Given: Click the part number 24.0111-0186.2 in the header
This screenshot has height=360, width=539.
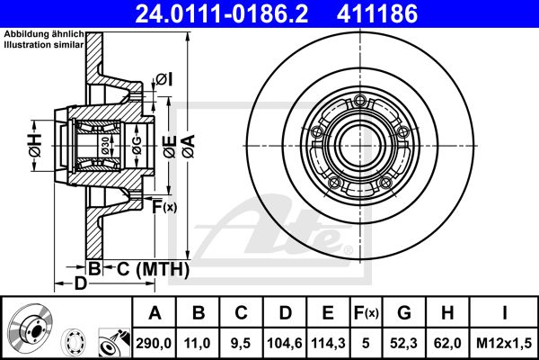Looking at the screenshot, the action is tap(222, 13).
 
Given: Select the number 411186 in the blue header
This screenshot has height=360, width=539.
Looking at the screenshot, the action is tap(377, 13).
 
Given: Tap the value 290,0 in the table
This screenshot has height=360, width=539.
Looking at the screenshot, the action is tap(154, 343).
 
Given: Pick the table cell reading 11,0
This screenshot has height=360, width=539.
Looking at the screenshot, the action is tap(197, 343).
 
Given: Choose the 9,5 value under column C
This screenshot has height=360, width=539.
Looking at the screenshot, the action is tap(241, 343).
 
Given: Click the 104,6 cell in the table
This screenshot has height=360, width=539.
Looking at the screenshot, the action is tap(285, 343).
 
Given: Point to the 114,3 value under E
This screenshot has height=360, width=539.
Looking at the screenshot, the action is tap(328, 343).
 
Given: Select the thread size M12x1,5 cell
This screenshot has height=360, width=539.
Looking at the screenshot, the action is tap(504, 343).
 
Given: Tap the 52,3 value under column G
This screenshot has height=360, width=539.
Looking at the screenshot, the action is tap(404, 343).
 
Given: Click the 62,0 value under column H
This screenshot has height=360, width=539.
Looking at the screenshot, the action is tap(447, 343).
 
